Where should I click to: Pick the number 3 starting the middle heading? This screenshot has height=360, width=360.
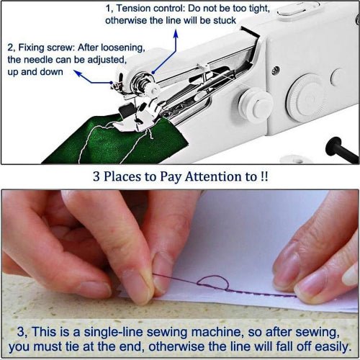96,176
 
